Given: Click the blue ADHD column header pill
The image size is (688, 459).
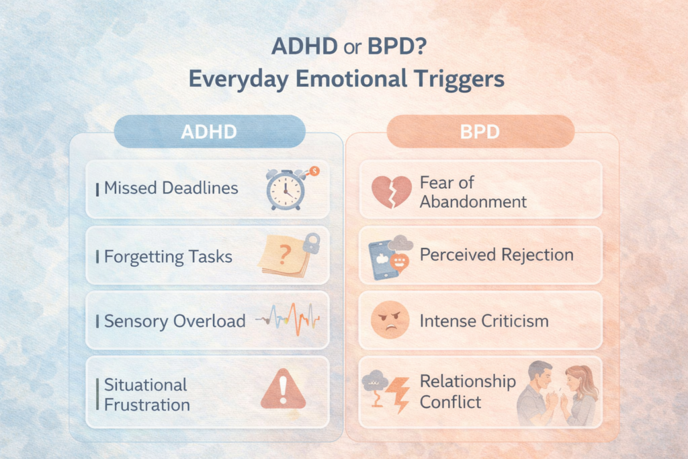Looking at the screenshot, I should tap(209, 132).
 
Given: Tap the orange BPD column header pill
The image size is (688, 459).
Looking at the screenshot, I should tap(480, 131).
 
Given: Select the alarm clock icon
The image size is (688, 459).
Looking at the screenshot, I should tap(285, 190).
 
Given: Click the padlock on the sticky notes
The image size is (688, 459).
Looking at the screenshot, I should tap(310, 244).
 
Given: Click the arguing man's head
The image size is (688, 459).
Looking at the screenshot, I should tap(540, 374).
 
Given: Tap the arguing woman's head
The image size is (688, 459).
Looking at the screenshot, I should tap(578, 378).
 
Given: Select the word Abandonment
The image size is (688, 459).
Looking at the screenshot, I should tap(473, 201).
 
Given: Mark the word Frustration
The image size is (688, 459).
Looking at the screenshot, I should tap(147, 405).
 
